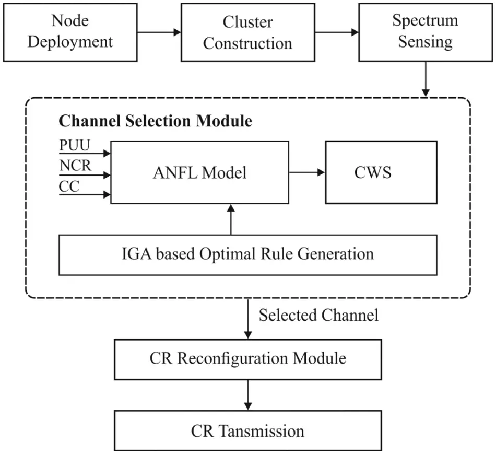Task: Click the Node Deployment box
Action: click(70, 32)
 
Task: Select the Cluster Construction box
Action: click(247, 32)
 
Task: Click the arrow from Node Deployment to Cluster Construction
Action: click(159, 32)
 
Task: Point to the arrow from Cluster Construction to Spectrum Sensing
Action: click(337, 32)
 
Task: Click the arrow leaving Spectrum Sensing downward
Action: click(426, 78)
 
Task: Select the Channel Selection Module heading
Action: click(155, 121)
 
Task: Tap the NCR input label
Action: click(75, 167)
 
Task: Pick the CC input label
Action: click(69, 187)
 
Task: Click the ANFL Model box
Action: click(200, 172)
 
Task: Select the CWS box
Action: click(381, 172)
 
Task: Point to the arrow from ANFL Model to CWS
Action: click(306, 172)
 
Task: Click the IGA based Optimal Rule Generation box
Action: click(248, 254)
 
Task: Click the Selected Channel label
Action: click(318, 315)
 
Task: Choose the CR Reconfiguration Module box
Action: click(248, 358)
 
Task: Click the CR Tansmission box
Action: click(248, 431)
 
